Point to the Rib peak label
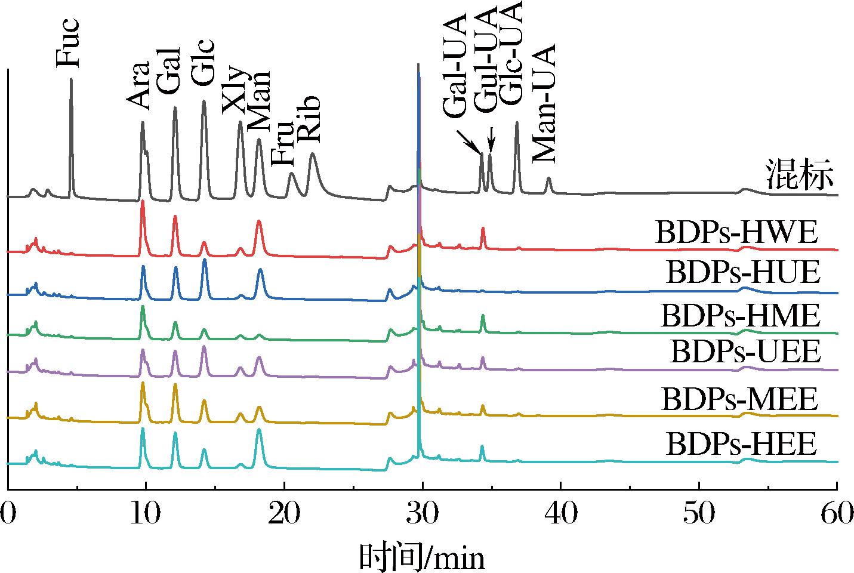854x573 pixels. coord(309,119)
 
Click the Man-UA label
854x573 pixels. coord(543,103)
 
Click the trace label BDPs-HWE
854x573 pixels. coord(735,233)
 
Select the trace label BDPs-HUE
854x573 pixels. coord(742,273)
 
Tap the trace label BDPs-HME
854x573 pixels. coord(739,315)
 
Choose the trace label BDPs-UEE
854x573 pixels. coord(745,352)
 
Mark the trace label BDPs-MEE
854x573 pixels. coord(738,399)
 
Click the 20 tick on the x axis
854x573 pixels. coord(284,513)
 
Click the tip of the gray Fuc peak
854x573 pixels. coord(71,79)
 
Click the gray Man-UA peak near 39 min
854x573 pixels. coord(548,178)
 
